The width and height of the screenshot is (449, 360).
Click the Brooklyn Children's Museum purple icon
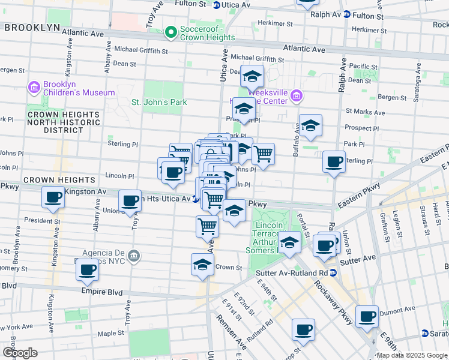34,88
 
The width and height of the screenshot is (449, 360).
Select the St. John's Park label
159,102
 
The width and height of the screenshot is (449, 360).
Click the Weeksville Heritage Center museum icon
296,96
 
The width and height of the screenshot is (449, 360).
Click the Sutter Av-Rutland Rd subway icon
334,272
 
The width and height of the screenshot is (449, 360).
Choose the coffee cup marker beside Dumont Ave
367,316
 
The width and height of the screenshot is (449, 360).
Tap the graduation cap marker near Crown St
203,265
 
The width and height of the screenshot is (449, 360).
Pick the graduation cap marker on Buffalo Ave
310,125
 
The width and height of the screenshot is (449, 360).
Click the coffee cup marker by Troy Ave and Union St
130,201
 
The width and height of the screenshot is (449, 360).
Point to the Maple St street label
110,333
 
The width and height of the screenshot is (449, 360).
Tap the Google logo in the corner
20,352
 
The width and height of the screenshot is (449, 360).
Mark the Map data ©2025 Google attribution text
412,355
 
